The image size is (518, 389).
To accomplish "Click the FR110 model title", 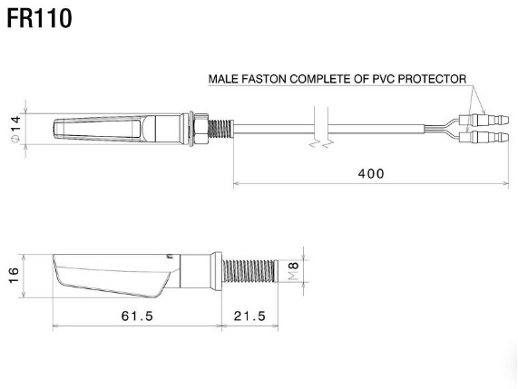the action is click(x=39, y=19).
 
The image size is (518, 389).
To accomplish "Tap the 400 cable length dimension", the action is click(x=371, y=174).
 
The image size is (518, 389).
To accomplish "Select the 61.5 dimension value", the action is click(x=137, y=316).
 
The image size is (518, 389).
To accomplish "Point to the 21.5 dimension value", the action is click(x=249, y=316).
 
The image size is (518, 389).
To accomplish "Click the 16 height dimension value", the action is click(x=14, y=276).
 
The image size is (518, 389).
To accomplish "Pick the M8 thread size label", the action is click(x=293, y=271).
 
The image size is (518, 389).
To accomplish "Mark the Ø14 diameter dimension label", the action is click(x=15, y=130).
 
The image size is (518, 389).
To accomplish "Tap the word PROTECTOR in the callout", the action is click(x=432, y=79).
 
